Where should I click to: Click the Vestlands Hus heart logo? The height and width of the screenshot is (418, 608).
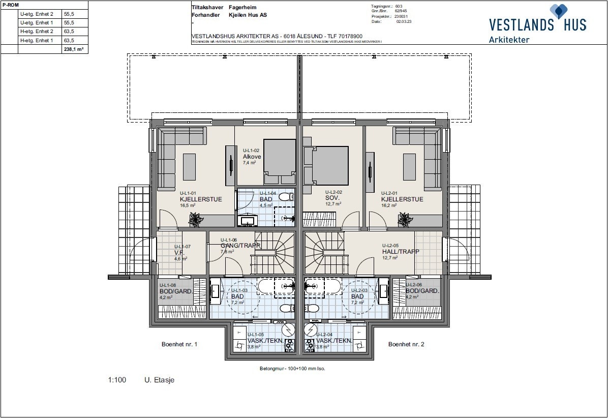coord(560,11)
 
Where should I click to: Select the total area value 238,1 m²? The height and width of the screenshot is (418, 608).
coord(74,49)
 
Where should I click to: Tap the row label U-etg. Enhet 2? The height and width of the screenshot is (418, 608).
coord(36,14)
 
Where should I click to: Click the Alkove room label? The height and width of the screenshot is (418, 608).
coord(252,157)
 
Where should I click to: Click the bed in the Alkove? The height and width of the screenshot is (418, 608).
coord(280,161)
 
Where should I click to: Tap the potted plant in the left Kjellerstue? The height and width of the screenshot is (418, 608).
coord(194,220)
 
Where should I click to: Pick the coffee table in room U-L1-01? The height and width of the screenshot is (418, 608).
coord(189,167)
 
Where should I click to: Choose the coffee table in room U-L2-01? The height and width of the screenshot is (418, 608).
coord(409,167)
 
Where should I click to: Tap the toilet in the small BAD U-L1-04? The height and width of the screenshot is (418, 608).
coord(287,197)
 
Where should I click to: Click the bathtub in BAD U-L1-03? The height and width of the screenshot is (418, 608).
coord(276,286)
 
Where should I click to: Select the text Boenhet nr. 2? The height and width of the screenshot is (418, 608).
coord(406,344)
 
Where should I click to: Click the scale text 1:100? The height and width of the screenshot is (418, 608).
coord(117,380)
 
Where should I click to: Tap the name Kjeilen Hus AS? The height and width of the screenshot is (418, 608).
coord(248,15)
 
